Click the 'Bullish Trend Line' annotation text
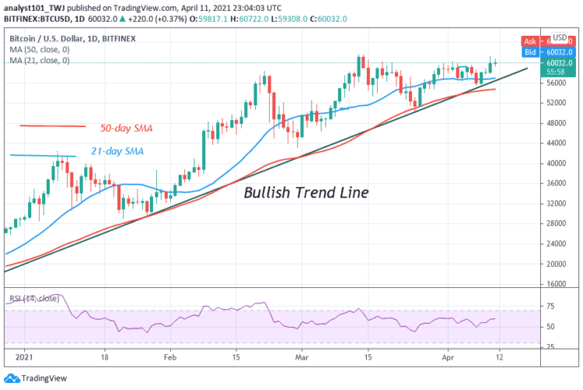[305, 192]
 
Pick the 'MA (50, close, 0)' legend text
[40, 48]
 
